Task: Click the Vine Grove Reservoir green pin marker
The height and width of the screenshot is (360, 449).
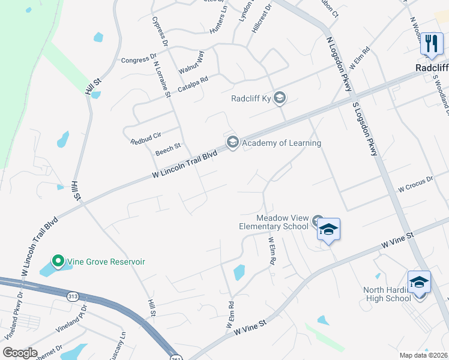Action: pos(58,261)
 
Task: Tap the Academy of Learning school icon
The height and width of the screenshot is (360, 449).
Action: pos(232,142)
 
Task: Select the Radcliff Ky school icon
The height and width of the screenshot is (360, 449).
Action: pos(280,98)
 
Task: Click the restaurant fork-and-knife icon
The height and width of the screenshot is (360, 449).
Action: pos(431,43)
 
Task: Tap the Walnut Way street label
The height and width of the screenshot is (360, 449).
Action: pos(193,62)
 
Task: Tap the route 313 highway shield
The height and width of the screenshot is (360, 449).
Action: pos(73,296)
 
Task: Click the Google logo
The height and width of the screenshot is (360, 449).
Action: pos(20,353)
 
